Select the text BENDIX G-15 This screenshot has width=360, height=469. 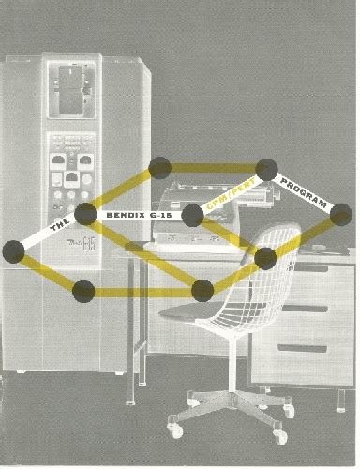pos(137,215)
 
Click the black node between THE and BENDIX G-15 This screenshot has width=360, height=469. pos(85,214)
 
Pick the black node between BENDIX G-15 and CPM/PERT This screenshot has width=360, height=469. pos(192,217)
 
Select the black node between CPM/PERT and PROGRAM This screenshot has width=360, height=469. pos(266,170)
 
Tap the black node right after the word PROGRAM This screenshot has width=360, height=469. pos(341,215)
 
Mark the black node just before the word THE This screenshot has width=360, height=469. pos(13,250)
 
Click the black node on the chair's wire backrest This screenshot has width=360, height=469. pos(265,258)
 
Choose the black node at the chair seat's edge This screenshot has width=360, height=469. pos(202,290)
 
